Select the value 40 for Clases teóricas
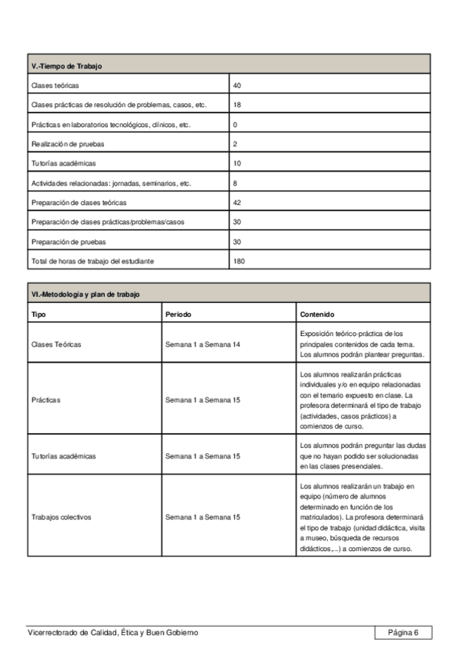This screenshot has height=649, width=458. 237,85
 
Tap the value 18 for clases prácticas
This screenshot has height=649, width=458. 237,105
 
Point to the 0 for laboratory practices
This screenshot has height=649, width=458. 235,124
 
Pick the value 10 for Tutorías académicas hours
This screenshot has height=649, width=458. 237,164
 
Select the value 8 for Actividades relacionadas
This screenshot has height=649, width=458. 235,184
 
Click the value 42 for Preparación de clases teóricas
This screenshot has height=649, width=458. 237,203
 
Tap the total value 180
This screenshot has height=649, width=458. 239,261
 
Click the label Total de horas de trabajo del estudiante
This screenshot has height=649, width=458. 93,261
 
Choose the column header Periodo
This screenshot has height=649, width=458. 178,314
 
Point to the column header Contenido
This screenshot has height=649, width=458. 317,314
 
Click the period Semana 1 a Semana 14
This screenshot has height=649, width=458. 203,344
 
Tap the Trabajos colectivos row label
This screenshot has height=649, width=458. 61,517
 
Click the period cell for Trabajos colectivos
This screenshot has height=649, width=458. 203,517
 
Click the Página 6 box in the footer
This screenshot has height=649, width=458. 403,632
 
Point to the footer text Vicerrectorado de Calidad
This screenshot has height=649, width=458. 112,632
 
